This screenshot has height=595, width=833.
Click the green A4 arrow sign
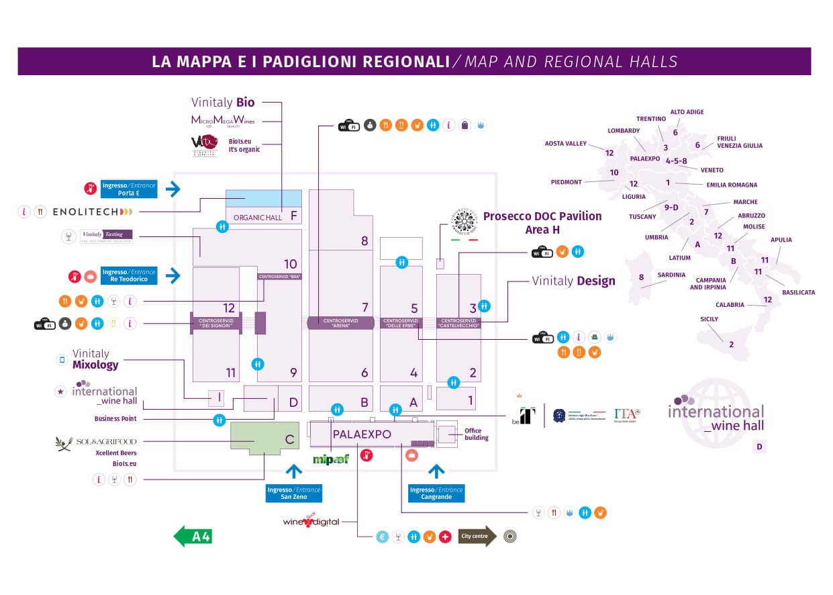(x=193, y=537)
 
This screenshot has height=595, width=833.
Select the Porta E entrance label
(x=129, y=189)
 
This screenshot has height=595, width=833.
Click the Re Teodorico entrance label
(x=129, y=276)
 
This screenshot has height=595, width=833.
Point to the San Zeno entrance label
(x=293, y=494)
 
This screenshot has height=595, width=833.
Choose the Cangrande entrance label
(x=436, y=494)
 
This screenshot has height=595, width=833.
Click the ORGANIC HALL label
(x=258, y=217)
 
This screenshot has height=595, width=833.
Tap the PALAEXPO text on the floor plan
(x=362, y=434)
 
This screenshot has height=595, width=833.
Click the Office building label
(x=477, y=434)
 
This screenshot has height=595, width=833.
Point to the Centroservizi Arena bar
(x=340, y=322)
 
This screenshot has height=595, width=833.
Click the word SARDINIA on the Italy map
(x=671, y=275)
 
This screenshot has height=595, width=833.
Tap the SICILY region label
(x=709, y=319)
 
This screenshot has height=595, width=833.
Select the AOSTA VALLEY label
(x=566, y=144)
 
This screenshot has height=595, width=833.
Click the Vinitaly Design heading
(x=573, y=281)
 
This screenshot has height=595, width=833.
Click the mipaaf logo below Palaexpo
(x=331, y=459)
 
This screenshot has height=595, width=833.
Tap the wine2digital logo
(x=311, y=522)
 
